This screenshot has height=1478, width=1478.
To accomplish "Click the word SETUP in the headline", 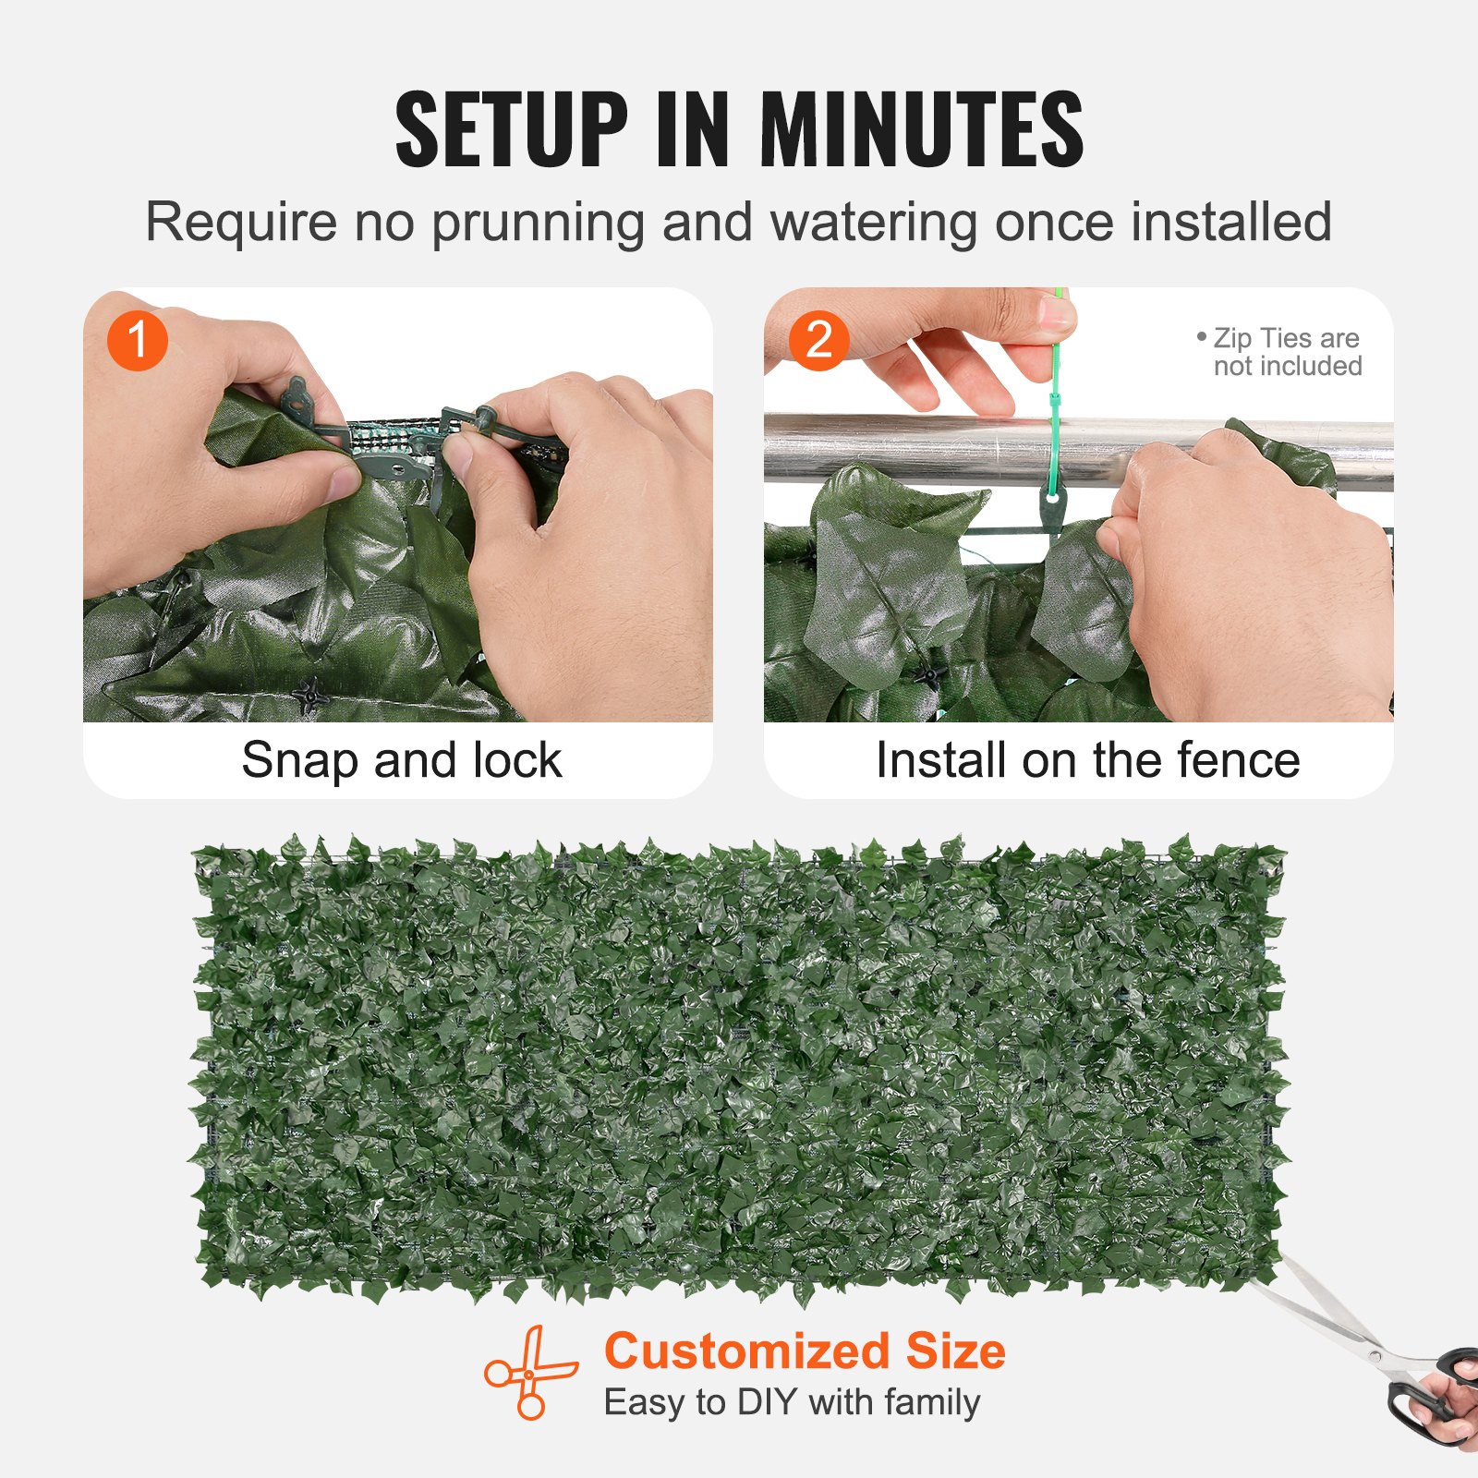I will tap(511, 129).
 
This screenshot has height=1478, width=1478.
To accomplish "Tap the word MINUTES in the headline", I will tap(921, 129).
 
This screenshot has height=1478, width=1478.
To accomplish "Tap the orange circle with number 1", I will tap(137, 340).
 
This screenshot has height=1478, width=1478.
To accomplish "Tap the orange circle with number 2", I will tap(818, 340).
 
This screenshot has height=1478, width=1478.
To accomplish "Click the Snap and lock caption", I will tap(401, 760).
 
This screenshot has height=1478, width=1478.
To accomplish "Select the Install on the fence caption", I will tap(1087, 760).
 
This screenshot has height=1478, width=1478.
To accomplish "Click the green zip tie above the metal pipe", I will tap(1055, 388).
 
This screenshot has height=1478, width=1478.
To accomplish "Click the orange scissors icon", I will tap(530, 1373).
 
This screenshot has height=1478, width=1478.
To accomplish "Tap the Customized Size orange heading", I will tap(805, 1351).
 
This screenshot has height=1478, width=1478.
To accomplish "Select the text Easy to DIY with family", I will tap(792, 1402).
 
